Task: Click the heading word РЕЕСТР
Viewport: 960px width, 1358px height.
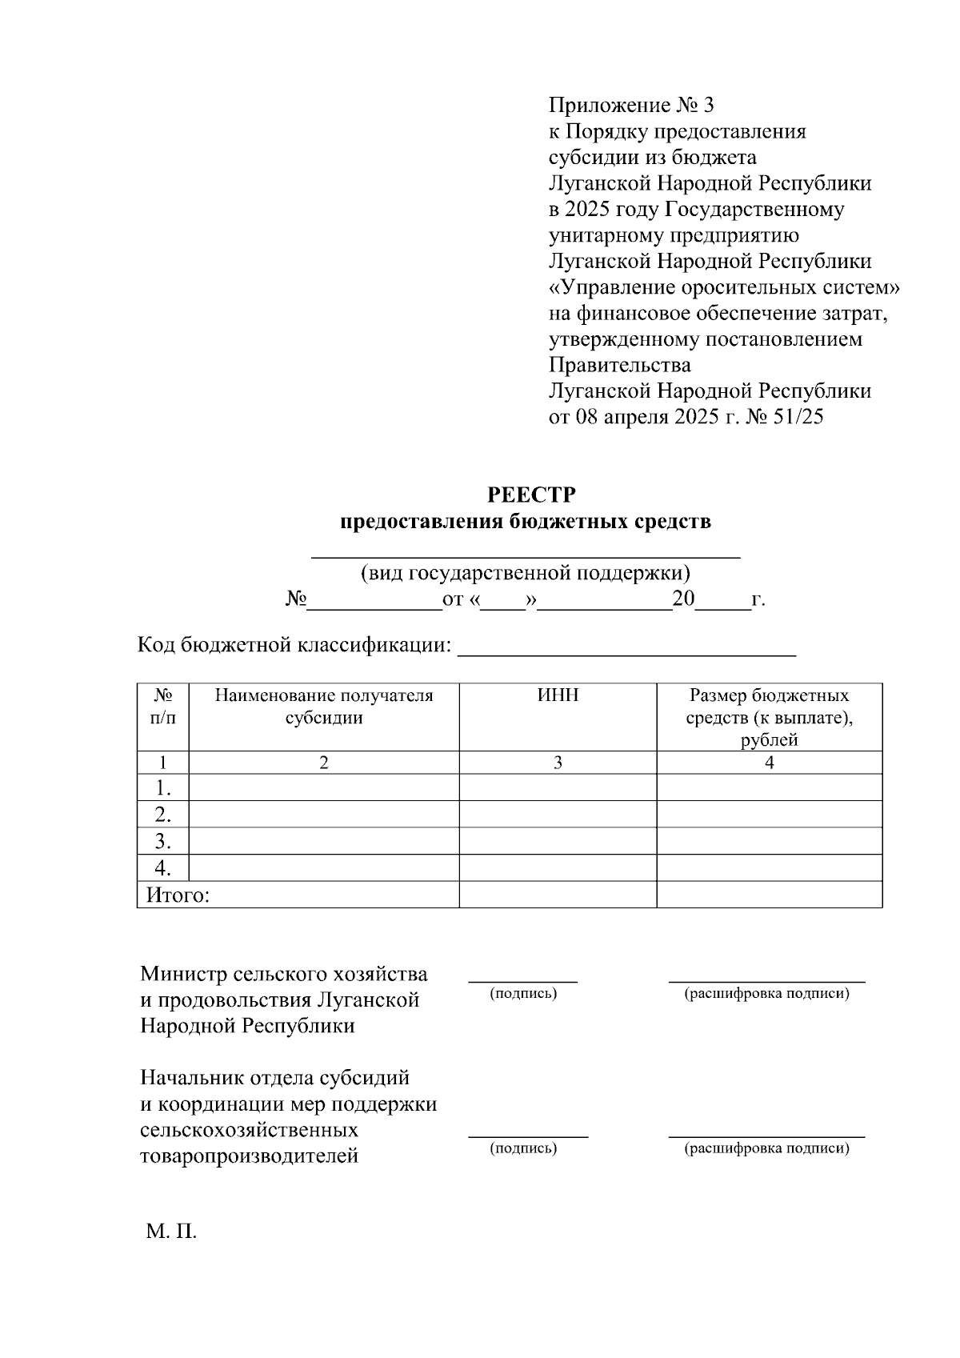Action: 531,495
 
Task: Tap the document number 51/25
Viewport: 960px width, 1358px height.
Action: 797,417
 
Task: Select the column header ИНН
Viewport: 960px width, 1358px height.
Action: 558,695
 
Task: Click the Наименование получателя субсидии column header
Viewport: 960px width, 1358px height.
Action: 324,707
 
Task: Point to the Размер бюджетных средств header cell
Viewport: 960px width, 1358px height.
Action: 769,717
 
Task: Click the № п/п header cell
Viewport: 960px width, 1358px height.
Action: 162,707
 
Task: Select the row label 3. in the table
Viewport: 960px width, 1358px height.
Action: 163,841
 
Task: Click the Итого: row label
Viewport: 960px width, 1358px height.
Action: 178,895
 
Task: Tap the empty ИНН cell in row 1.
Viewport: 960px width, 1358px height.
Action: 558,787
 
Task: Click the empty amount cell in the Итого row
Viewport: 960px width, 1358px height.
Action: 769,895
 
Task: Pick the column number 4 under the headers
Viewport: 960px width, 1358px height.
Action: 769,763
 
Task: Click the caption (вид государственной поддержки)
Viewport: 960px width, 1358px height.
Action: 526,573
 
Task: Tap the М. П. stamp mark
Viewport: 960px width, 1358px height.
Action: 171,1232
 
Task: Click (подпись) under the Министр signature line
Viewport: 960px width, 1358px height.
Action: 523,993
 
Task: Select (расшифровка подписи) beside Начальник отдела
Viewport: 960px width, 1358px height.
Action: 766,1148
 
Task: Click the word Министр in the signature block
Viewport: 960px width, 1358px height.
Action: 183,974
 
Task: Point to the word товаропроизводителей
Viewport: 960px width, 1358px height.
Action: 249,1156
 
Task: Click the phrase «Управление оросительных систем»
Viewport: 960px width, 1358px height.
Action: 725,287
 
